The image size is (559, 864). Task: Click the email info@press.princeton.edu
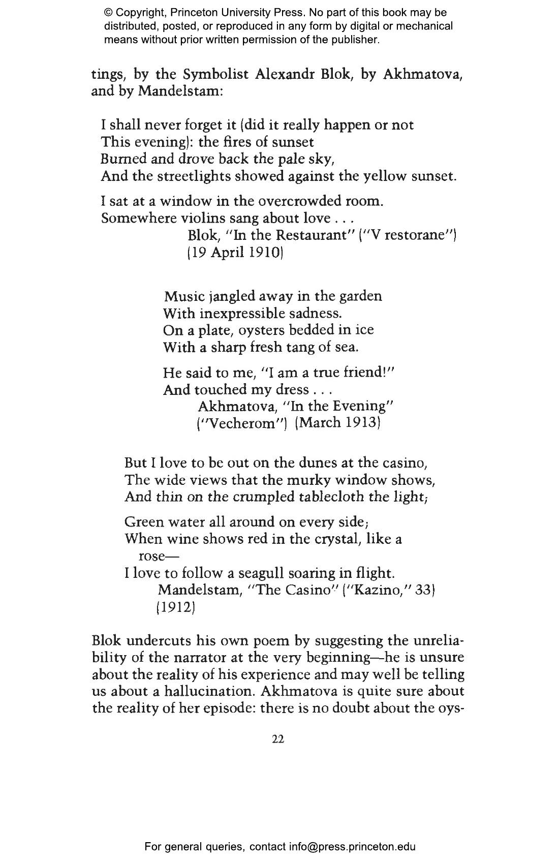(353, 847)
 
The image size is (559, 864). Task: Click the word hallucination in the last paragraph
(204, 691)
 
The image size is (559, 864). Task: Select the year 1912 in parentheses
(175, 607)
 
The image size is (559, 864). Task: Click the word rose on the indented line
(150, 556)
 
